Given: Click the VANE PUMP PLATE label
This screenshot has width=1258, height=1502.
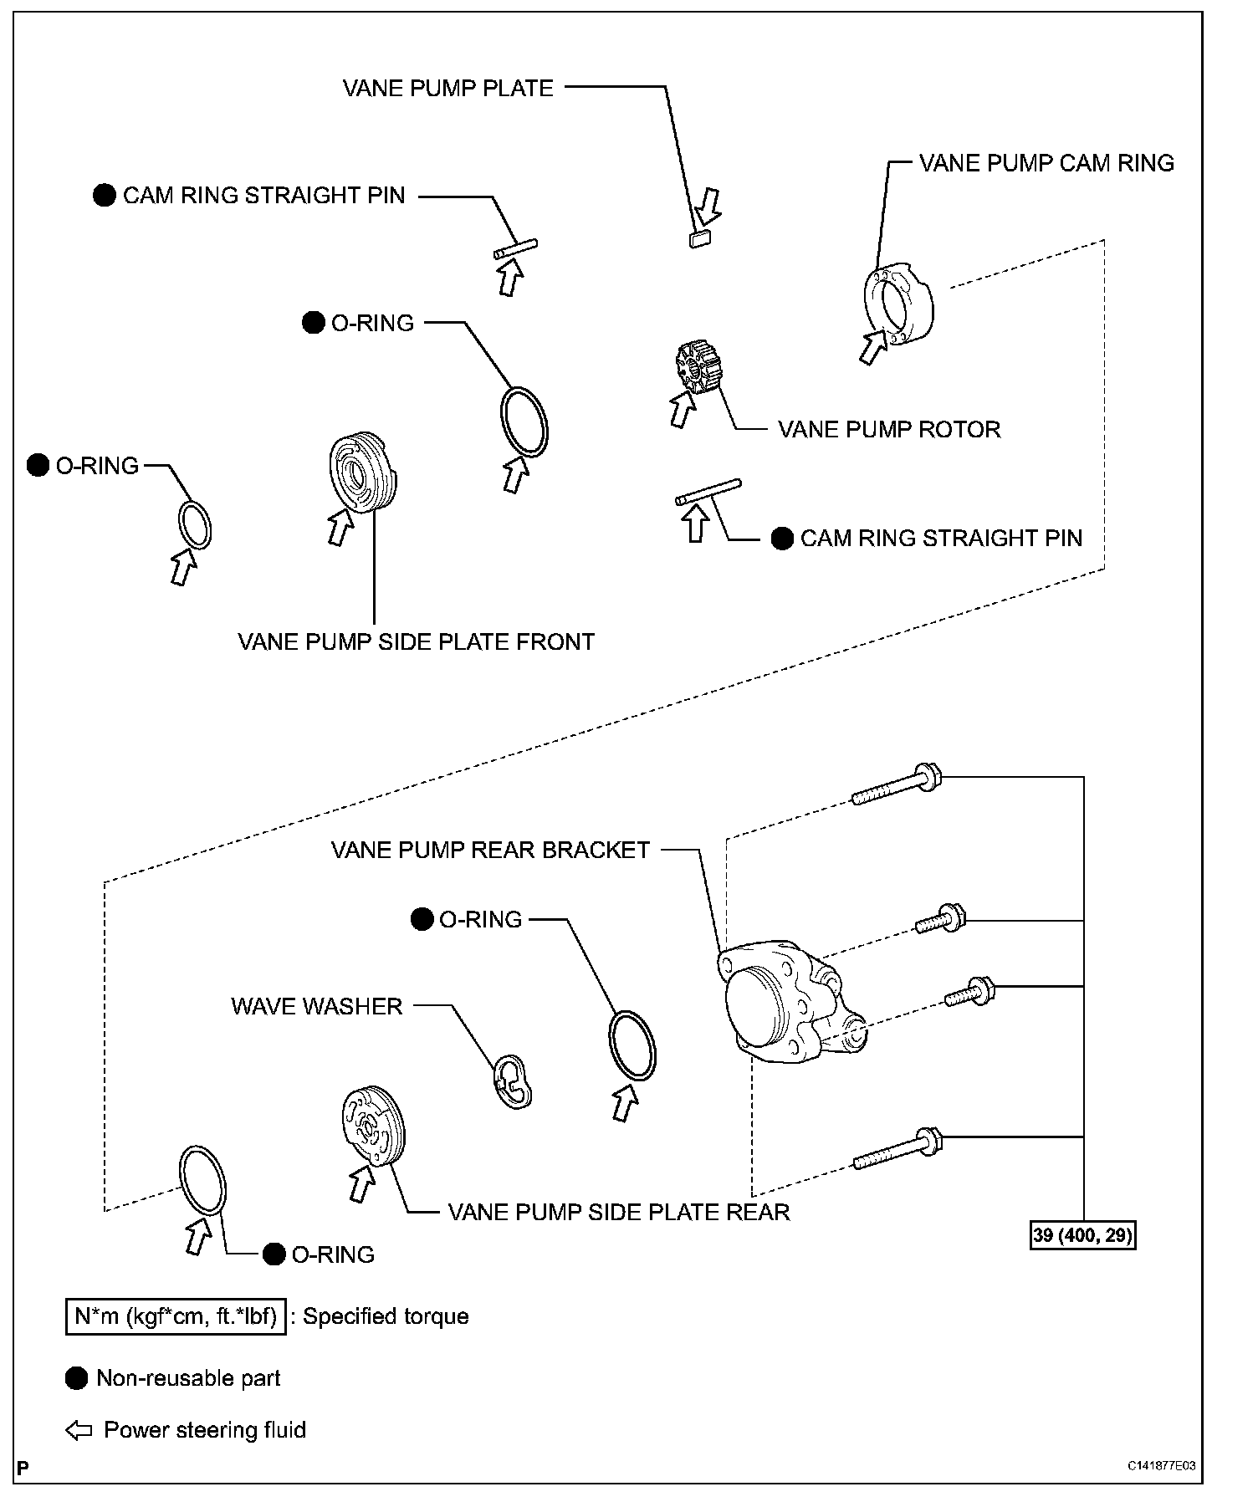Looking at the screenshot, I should (448, 89).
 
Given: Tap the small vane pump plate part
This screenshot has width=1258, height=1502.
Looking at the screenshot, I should (699, 240).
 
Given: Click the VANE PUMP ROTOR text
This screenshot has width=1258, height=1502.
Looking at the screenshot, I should (889, 430).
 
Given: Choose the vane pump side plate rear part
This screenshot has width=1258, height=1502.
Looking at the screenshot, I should (373, 1126).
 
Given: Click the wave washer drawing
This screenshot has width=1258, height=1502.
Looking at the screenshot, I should (513, 1082).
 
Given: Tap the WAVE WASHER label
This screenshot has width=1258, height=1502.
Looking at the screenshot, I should (317, 1006).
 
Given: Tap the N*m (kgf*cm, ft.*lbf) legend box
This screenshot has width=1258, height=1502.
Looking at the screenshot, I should (176, 1316).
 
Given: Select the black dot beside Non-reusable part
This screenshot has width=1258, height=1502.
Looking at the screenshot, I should (77, 1378).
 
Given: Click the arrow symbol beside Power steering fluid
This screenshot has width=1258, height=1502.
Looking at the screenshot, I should (79, 1430).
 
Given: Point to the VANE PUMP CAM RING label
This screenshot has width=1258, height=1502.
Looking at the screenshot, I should (1046, 163).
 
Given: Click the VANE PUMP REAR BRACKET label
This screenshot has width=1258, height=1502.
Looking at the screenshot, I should (490, 851).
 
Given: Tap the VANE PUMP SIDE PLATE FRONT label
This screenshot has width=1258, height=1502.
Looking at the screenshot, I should (416, 642).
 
